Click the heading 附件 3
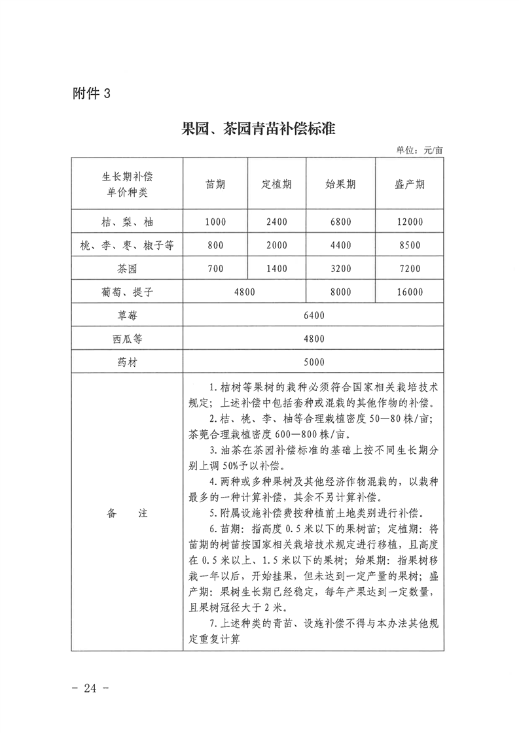92,93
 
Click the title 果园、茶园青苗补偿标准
259,129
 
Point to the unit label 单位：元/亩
420,150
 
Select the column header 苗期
215,184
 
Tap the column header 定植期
276,184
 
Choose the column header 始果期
340,184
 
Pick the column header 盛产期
410,184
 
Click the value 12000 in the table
410,222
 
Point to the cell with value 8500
410,245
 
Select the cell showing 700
215,268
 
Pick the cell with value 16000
410,292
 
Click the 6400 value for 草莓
314,315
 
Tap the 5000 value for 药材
314,362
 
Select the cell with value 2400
276,222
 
